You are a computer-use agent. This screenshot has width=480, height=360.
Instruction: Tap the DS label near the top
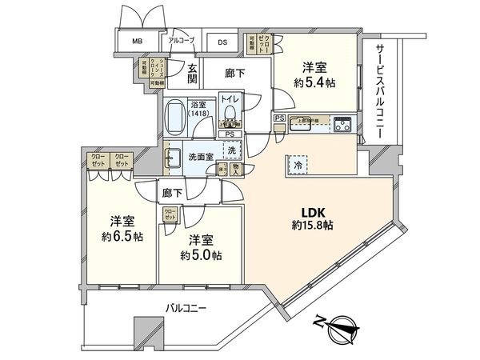222,42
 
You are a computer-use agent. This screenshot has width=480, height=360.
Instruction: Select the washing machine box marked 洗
230,150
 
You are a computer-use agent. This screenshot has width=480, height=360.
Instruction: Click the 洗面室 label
199,158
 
